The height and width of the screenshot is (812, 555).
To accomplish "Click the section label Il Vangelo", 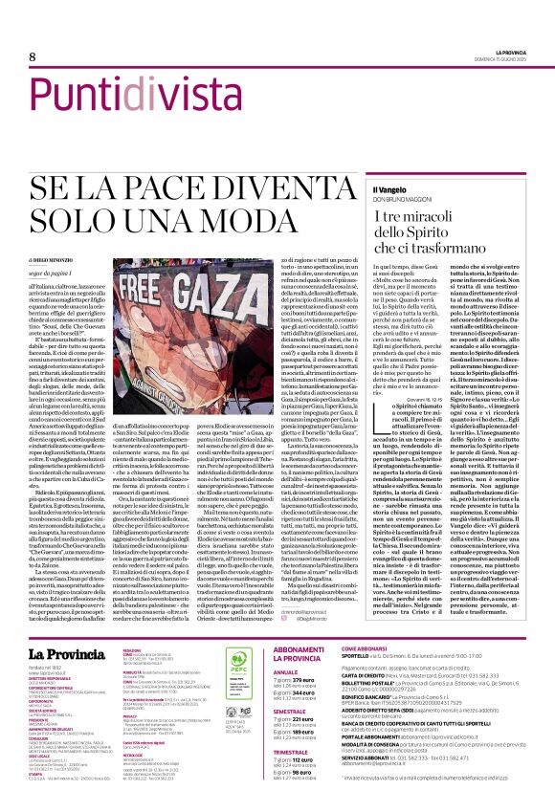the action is pos(391,164).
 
